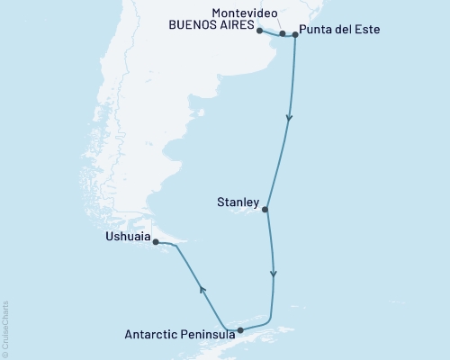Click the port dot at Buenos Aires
click(x=260, y=31)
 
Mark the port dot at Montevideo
click(x=283, y=33)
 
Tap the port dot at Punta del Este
click(x=295, y=35)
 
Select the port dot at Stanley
click(x=265, y=209)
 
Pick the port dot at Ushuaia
click(x=155, y=241)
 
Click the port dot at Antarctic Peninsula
click(x=239, y=330)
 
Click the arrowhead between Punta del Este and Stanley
click(x=289, y=117)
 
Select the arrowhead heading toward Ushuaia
click(x=202, y=290)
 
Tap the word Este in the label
click(x=367, y=30)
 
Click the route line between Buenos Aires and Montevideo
click(x=271, y=33)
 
